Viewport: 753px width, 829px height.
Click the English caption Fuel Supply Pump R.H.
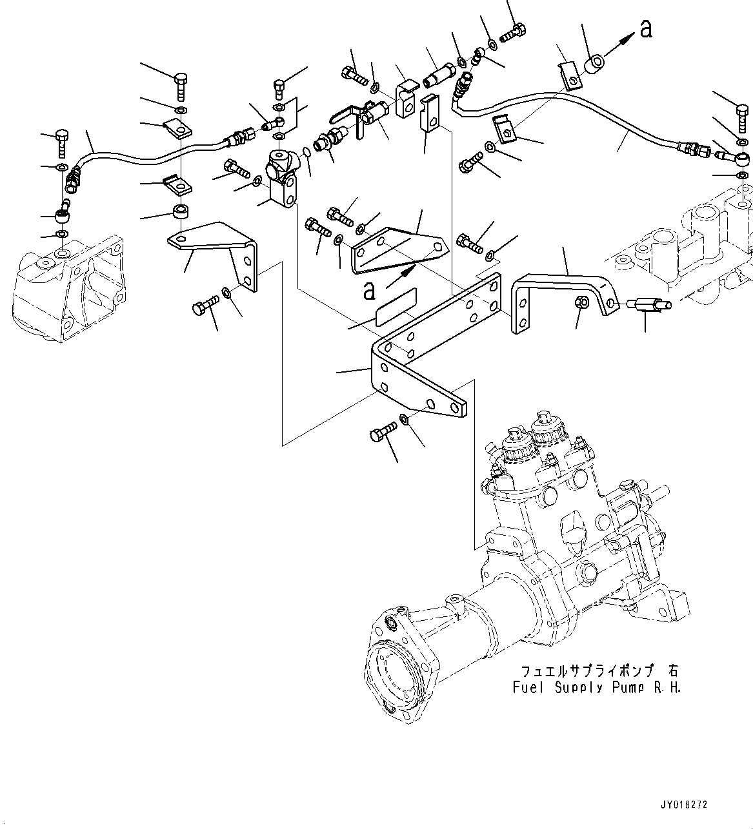tap(597, 687)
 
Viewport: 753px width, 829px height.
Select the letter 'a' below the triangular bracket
tap(369, 291)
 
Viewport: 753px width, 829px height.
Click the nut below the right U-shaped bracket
tap(581, 302)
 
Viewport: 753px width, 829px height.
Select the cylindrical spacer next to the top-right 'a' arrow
tap(594, 64)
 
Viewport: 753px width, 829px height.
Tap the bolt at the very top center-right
tap(514, 32)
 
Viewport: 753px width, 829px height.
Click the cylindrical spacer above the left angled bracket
tap(181, 212)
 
